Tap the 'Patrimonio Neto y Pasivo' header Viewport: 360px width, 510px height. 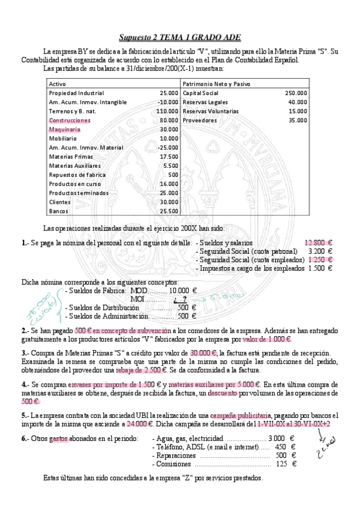click(x=216, y=84)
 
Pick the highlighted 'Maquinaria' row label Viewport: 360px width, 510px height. click(x=64, y=129)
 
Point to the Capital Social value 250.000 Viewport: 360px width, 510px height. click(x=296, y=93)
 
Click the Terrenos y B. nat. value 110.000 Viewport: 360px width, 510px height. click(x=167, y=111)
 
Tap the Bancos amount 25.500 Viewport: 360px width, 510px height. click(x=169, y=211)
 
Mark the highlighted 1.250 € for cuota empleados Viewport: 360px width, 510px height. click(x=320, y=259)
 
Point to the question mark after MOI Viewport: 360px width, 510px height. click(x=185, y=299)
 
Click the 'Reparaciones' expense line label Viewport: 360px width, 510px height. click(x=177, y=455)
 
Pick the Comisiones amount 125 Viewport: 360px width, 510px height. click(x=281, y=464)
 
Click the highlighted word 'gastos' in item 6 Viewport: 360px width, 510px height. click(x=59, y=438)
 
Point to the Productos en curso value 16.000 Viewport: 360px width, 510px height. click(x=169, y=184)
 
